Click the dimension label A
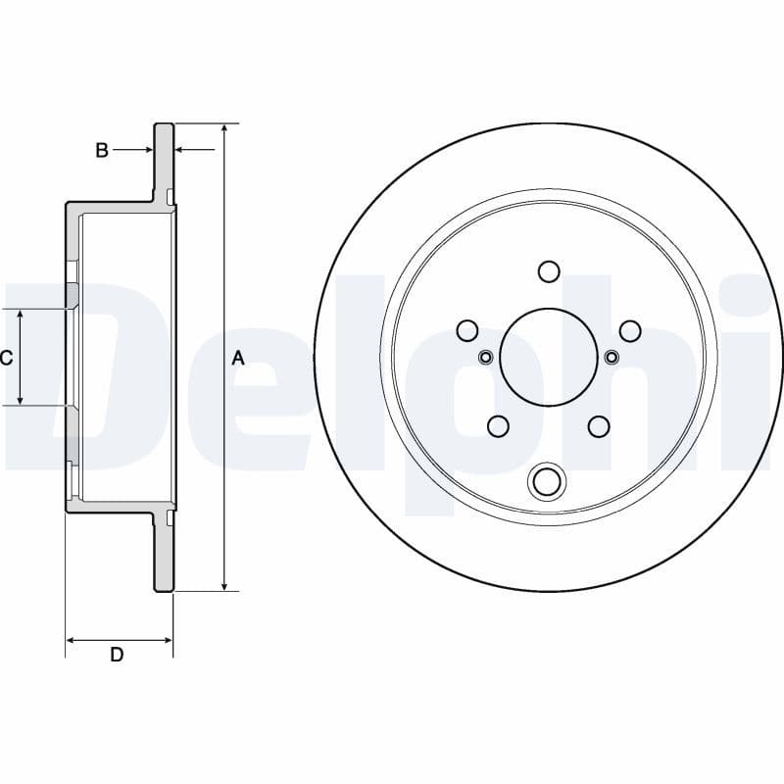coord(237,359)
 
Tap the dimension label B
coord(101,150)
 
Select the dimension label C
coord(6,359)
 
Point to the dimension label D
coord(117,655)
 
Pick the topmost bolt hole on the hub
coord(548,270)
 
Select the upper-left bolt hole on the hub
coord(466,329)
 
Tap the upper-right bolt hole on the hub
coord(630,329)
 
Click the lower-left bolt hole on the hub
coord(498,425)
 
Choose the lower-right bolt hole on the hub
coord(599,425)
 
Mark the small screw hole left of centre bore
coord(484,356)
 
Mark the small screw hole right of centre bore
coord(612,356)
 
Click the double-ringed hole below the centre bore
coord(548,481)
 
